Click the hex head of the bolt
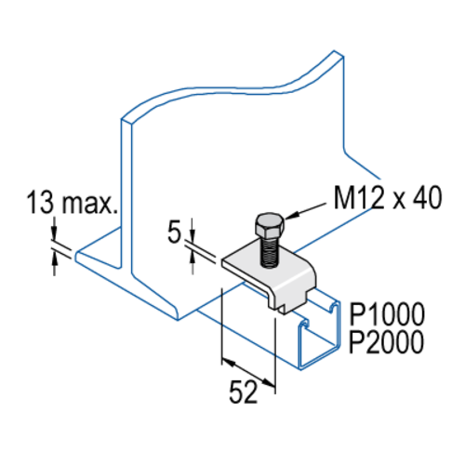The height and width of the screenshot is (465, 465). pos(270,225)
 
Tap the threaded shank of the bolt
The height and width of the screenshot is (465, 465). pos(270,252)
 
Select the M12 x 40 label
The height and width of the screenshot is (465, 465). pos(388,198)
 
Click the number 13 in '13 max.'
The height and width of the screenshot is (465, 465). pos(40,203)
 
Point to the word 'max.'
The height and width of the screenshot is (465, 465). pos(90,205)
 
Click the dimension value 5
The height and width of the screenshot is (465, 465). pos(174,232)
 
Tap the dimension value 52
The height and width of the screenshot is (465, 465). pos(244,392)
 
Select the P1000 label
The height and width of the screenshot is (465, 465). pos(387,313)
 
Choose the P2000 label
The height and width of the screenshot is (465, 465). pos(386,341)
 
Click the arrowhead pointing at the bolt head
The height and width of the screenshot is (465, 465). pos(290,216)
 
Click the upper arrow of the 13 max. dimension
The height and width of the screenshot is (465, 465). pos(54,229)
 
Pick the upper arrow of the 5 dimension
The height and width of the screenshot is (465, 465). pos(193,230)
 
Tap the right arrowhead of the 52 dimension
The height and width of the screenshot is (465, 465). pos(269,382)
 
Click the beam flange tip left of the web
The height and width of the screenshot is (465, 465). pos(77,255)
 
